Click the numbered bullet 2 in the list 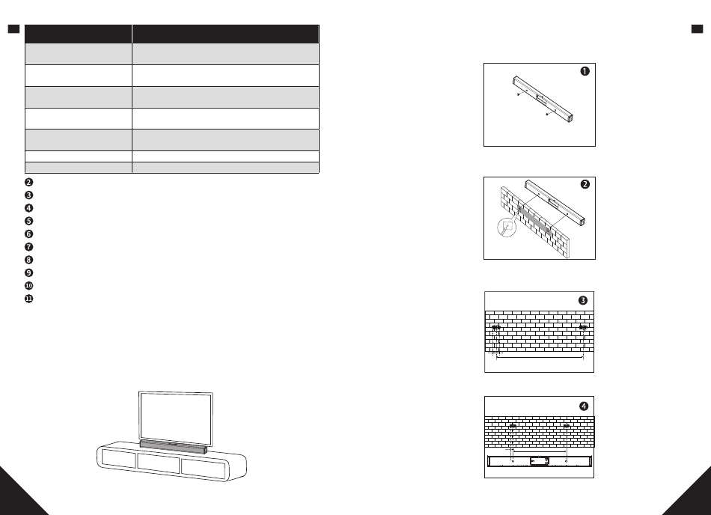pos(28,182)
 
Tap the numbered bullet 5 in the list pos(28,221)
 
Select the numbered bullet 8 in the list pos(28,260)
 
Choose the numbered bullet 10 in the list pos(28,286)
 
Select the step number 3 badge pos(584,299)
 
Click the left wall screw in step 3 pos(495,328)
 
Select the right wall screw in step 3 pos(583,328)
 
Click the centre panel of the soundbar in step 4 pos(539,461)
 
